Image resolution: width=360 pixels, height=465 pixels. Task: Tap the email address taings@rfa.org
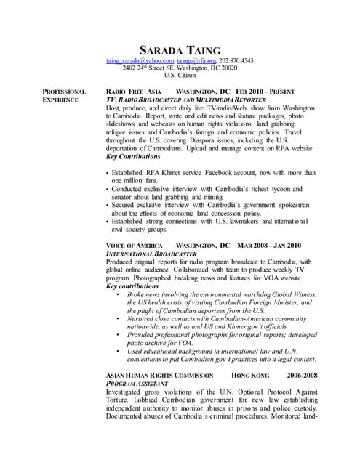tap(198, 61)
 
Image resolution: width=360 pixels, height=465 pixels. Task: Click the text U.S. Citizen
tap(180, 76)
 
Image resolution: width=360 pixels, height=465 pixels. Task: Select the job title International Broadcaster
tap(152, 254)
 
